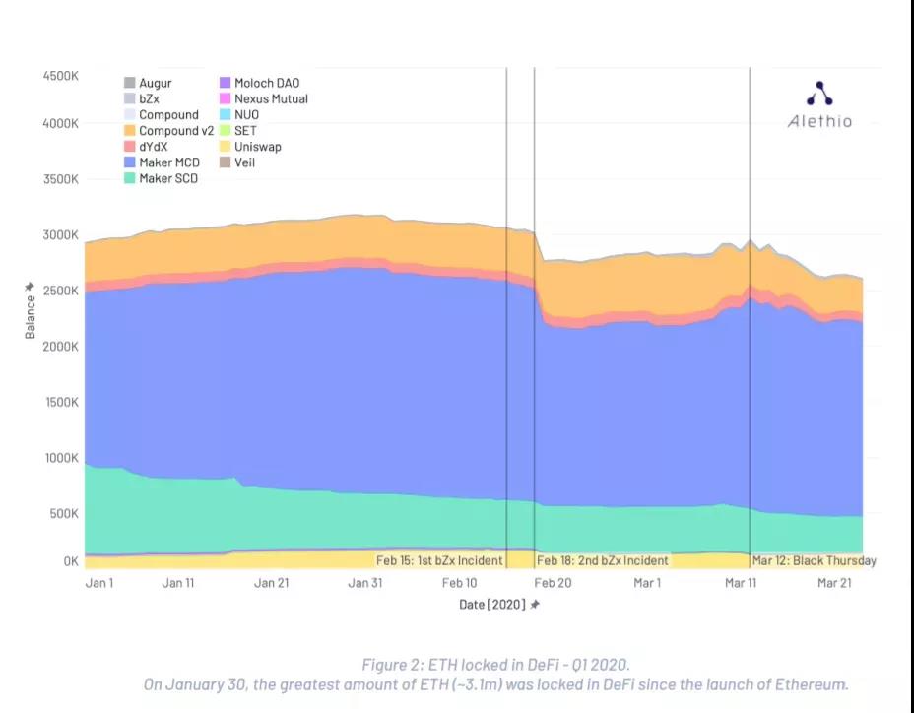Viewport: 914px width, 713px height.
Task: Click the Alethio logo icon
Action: point(819,95)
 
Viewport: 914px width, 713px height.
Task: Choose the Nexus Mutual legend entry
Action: point(263,99)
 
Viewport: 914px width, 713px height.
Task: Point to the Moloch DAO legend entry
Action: point(259,84)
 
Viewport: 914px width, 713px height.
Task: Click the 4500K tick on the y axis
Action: point(59,76)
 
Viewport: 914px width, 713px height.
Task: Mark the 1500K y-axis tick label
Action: point(59,403)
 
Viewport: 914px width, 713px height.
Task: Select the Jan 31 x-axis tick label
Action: point(364,583)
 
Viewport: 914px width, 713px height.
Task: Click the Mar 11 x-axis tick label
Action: point(740,583)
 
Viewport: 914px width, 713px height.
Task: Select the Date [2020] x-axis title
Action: point(498,604)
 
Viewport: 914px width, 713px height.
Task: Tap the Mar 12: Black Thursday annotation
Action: point(814,561)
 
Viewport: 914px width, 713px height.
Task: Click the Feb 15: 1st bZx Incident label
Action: point(439,561)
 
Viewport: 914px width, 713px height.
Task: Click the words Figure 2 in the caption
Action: point(394,665)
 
